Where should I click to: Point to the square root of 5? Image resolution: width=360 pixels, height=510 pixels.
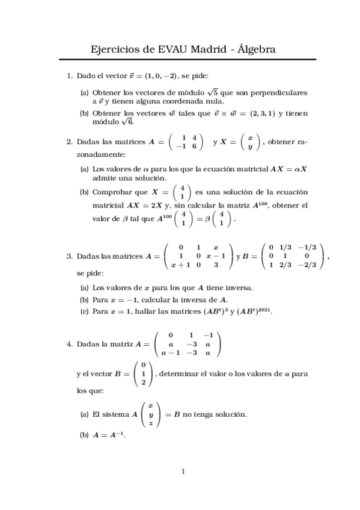(212, 93)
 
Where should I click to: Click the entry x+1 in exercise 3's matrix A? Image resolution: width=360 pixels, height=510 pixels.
(180, 264)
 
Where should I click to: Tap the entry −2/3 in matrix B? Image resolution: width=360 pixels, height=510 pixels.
(310, 264)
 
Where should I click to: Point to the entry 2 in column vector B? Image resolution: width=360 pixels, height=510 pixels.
(143, 382)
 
